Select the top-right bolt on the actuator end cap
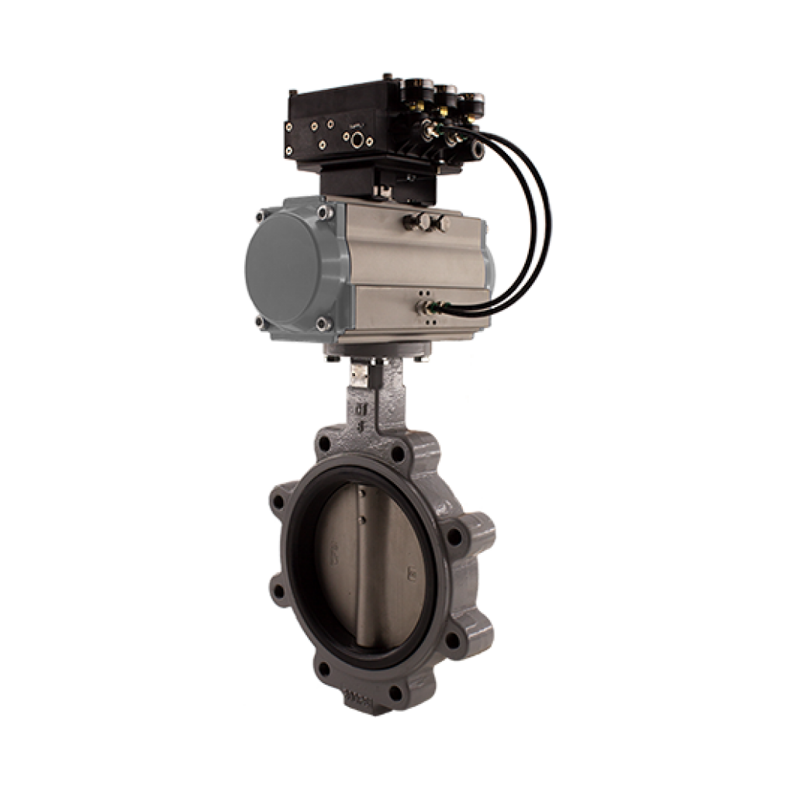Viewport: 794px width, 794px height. coord(321,211)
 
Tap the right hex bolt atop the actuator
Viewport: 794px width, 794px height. coord(436,223)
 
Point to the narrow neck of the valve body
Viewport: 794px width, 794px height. coord(363,411)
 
